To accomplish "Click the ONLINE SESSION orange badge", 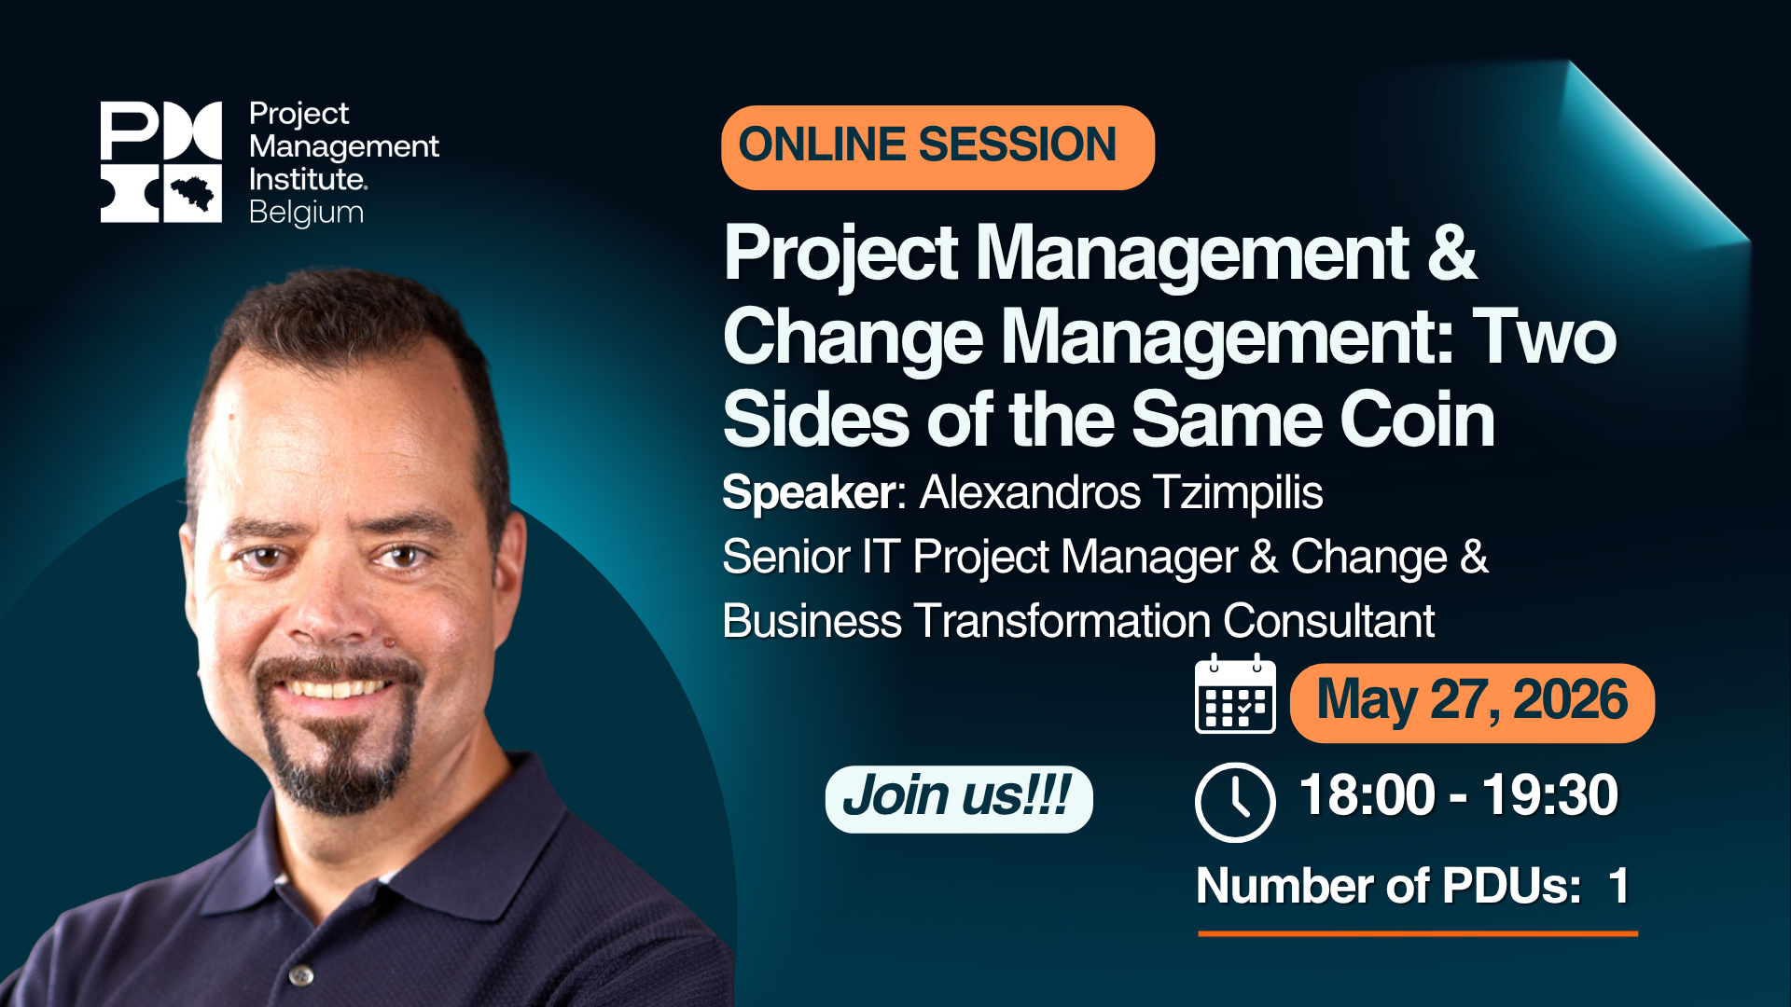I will click(x=937, y=147).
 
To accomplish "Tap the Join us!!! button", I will click(x=958, y=798).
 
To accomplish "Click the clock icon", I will click(x=1235, y=802).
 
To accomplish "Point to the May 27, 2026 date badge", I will click(x=1471, y=702).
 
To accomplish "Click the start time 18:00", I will click(x=1367, y=795).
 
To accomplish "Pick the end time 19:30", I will click(x=1549, y=795).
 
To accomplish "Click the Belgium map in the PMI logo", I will click(x=193, y=194).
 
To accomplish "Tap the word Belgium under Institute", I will click(x=306, y=213).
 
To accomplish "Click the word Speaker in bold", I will click(x=809, y=492).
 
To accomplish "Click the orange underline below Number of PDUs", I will click(x=1418, y=932).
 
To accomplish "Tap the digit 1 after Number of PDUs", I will click(x=1618, y=886).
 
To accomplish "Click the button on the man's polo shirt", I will click(x=300, y=975).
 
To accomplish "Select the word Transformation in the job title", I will click(x=1062, y=621).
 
